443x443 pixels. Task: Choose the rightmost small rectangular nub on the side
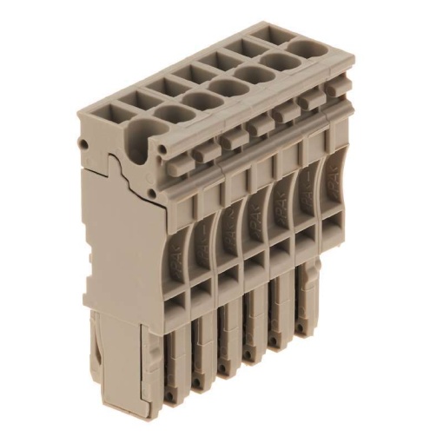click(307, 102)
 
